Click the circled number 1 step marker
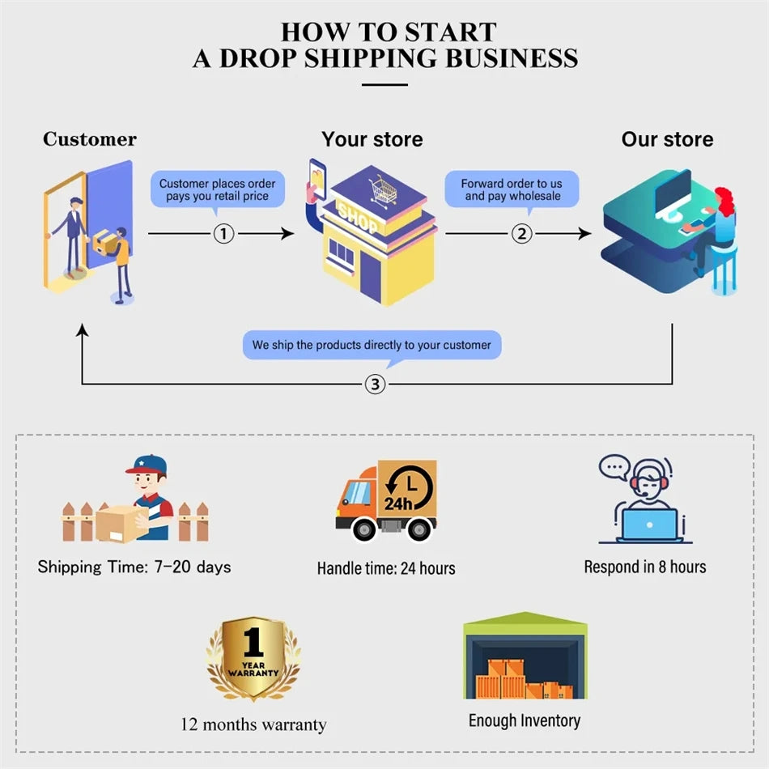(x=223, y=234)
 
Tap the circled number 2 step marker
(x=522, y=234)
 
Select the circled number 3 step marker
(x=374, y=384)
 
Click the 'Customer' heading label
(x=90, y=139)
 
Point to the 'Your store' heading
(x=372, y=139)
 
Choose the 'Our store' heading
(x=667, y=139)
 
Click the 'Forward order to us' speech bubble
(x=512, y=189)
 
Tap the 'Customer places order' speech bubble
(x=217, y=189)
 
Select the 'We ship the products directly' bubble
(x=372, y=345)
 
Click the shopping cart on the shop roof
(x=383, y=190)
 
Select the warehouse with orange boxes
(x=525, y=657)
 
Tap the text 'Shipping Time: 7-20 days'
(x=134, y=567)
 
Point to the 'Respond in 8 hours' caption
(x=645, y=567)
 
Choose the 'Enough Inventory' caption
(x=525, y=720)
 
